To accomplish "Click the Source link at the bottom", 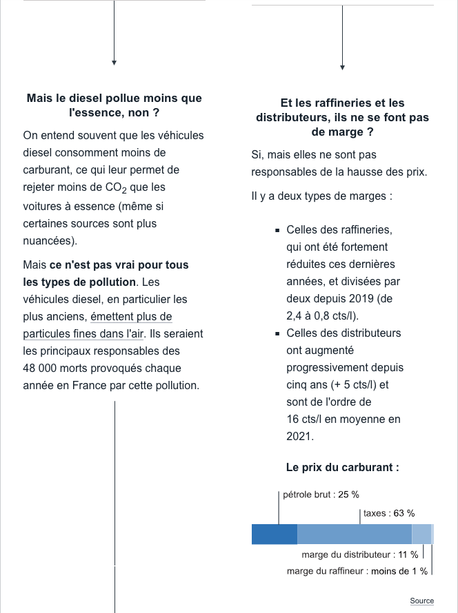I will click(x=421, y=601).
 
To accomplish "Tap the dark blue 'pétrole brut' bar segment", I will click(x=274, y=534).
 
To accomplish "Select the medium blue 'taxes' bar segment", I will click(x=354, y=534).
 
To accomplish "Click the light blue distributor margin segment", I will click(x=421, y=534).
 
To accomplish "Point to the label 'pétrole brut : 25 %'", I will click(x=321, y=495).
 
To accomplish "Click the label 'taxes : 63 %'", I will click(x=389, y=513).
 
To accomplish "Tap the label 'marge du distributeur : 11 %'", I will click(x=359, y=554).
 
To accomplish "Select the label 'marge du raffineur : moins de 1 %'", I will click(x=357, y=571).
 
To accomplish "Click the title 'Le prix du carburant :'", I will click(x=342, y=468).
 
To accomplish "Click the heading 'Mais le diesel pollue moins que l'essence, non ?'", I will click(x=114, y=105).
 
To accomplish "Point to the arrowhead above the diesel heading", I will click(x=114, y=63).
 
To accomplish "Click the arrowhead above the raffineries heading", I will click(x=342, y=67).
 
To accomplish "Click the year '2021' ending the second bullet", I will click(x=299, y=436).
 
